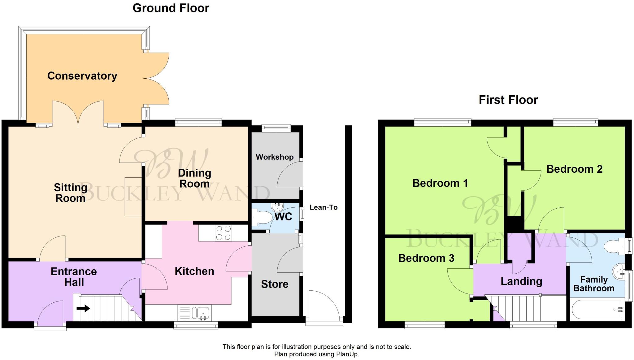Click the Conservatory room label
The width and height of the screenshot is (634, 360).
pos(82,76)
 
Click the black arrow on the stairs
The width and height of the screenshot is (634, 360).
pos(83,308)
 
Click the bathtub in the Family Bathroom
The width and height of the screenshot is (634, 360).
pos(596,309)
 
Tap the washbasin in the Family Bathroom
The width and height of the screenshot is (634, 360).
pos(619,272)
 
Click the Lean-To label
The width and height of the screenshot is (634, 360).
pos(324,207)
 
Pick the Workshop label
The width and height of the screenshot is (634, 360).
pos(275,157)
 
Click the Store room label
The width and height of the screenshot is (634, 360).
pos(275,284)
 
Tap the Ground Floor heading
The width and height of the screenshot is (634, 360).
pos(171,8)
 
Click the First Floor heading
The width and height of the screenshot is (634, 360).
pos(508,100)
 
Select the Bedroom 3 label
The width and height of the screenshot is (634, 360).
pos(426,258)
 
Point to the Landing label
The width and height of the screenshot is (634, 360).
pos(521,281)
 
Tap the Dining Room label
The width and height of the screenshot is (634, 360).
pos(194,178)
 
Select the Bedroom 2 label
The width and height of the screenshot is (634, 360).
pos(574,169)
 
